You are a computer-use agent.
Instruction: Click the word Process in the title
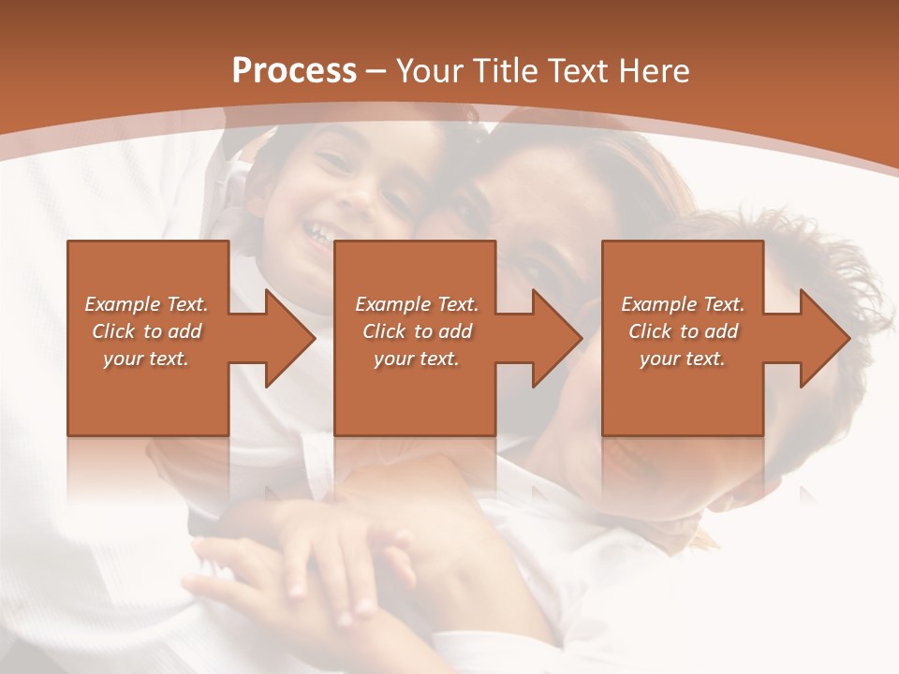coord(294,71)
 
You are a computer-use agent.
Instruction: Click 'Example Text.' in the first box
coord(147,304)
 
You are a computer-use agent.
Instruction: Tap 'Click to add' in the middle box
coord(417,331)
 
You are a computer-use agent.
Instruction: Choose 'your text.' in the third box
coord(683,359)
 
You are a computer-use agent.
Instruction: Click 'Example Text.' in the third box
coord(683,304)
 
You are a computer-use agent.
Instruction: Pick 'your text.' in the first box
coord(147,359)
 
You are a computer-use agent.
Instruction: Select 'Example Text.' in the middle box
coord(417,304)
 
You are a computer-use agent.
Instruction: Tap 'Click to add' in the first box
coord(147,331)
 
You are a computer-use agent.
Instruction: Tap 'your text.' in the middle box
coord(417,359)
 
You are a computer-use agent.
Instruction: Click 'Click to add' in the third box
coord(683,331)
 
